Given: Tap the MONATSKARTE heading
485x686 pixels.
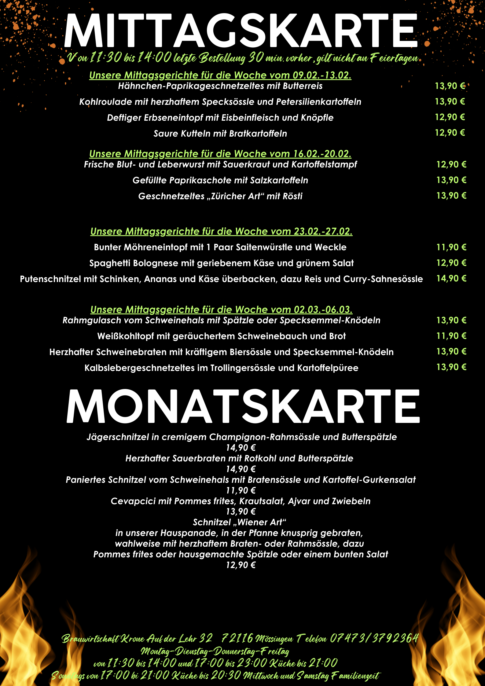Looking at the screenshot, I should [x=243, y=406].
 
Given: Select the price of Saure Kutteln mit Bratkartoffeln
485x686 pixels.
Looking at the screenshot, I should [x=450, y=133].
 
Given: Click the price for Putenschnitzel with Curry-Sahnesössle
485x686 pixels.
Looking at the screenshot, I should [x=451, y=278].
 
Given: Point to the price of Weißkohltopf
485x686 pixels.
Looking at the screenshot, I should [x=451, y=336].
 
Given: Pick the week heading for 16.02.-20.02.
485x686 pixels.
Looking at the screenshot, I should [x=220, y=153].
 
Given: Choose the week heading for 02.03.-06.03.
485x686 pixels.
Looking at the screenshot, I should [x=221, y=310].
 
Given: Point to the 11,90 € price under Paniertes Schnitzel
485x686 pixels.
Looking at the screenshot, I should [x=241, y=490].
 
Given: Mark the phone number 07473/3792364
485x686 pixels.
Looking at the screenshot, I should [x=374, y=638].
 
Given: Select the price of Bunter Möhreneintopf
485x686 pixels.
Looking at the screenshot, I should [x=451, y=247].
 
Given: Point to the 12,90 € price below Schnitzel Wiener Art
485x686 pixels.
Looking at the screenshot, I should [x=241, y=565].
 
